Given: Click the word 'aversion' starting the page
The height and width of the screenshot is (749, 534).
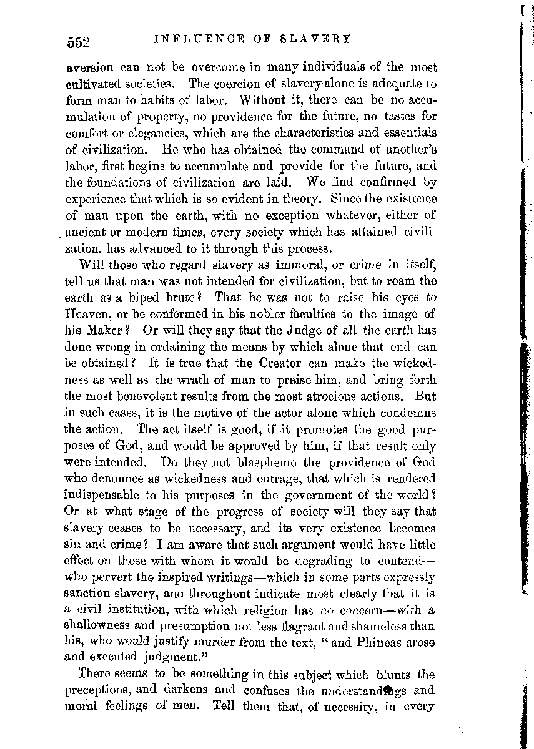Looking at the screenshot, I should pyautogui.click(x=89, y=67).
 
